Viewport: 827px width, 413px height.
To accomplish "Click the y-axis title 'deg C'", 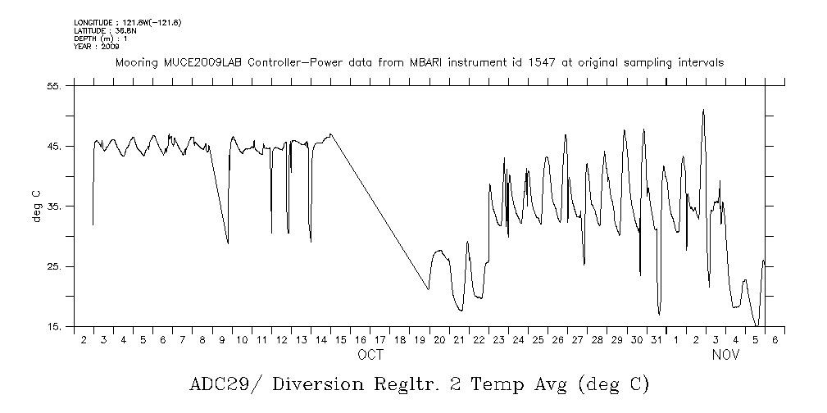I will pyautogui.click(x=36, y=206).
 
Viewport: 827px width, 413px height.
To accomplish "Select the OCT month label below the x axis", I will pyautogui.click(x=370, y=356).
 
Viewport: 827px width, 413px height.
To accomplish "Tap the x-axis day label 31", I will pyautogui.click(x=657, y=339).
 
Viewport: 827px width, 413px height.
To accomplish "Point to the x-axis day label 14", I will pyautogui.click(x=320, y=339).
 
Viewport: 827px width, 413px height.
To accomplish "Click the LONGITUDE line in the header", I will pyautogui.click(x=127, y=22).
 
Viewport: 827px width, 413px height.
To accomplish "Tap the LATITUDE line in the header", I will pyautogui.click(x=104, y=30).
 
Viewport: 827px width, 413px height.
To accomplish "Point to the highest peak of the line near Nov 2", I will pyautogui.click(x=703, y=110).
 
